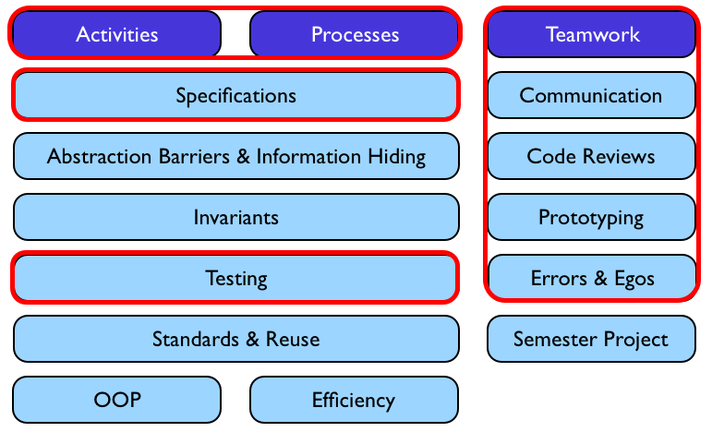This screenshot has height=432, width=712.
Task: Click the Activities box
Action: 116,34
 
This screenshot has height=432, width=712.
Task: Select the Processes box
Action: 355,34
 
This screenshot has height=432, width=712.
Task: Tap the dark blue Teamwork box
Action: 591,34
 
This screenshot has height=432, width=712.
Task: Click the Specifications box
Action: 235,95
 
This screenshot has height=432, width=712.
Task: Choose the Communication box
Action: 591,95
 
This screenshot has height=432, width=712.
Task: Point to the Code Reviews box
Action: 591,156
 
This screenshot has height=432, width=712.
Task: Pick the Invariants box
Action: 235,218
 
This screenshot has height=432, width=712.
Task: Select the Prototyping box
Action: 591,218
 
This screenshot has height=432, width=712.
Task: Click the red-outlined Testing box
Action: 235,278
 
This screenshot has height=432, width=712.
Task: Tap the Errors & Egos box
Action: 591,278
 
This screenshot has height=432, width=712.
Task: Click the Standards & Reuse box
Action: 235,339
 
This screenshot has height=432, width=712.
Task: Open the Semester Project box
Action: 591,339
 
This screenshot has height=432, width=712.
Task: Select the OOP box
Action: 116,400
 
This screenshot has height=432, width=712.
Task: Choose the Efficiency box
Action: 355,400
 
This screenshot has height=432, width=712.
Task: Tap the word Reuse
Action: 293,339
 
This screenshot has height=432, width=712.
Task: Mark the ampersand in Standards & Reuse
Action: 252,339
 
